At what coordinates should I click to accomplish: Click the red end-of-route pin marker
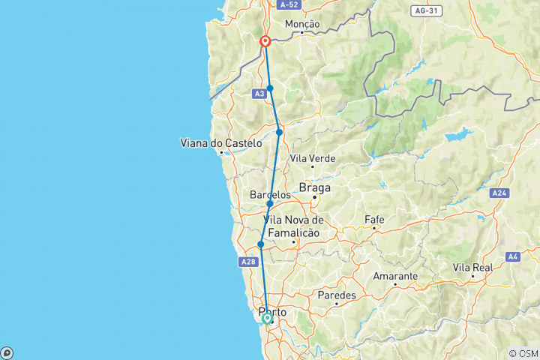265,41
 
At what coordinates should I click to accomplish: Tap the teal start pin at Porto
267,319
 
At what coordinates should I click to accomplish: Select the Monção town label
302,24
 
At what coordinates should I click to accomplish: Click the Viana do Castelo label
221,142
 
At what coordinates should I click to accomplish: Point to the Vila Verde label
313,158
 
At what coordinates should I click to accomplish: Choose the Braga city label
315,187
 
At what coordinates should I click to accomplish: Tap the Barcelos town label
270,195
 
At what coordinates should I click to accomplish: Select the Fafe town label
374,219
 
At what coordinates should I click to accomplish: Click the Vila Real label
472,268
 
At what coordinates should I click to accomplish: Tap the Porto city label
272,311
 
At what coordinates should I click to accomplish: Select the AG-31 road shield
423,10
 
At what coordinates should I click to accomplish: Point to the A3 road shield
259,94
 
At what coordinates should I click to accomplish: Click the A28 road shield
249,262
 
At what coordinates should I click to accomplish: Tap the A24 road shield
500,193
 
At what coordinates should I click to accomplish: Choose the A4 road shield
513,256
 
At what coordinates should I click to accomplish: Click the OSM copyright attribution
523,353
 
